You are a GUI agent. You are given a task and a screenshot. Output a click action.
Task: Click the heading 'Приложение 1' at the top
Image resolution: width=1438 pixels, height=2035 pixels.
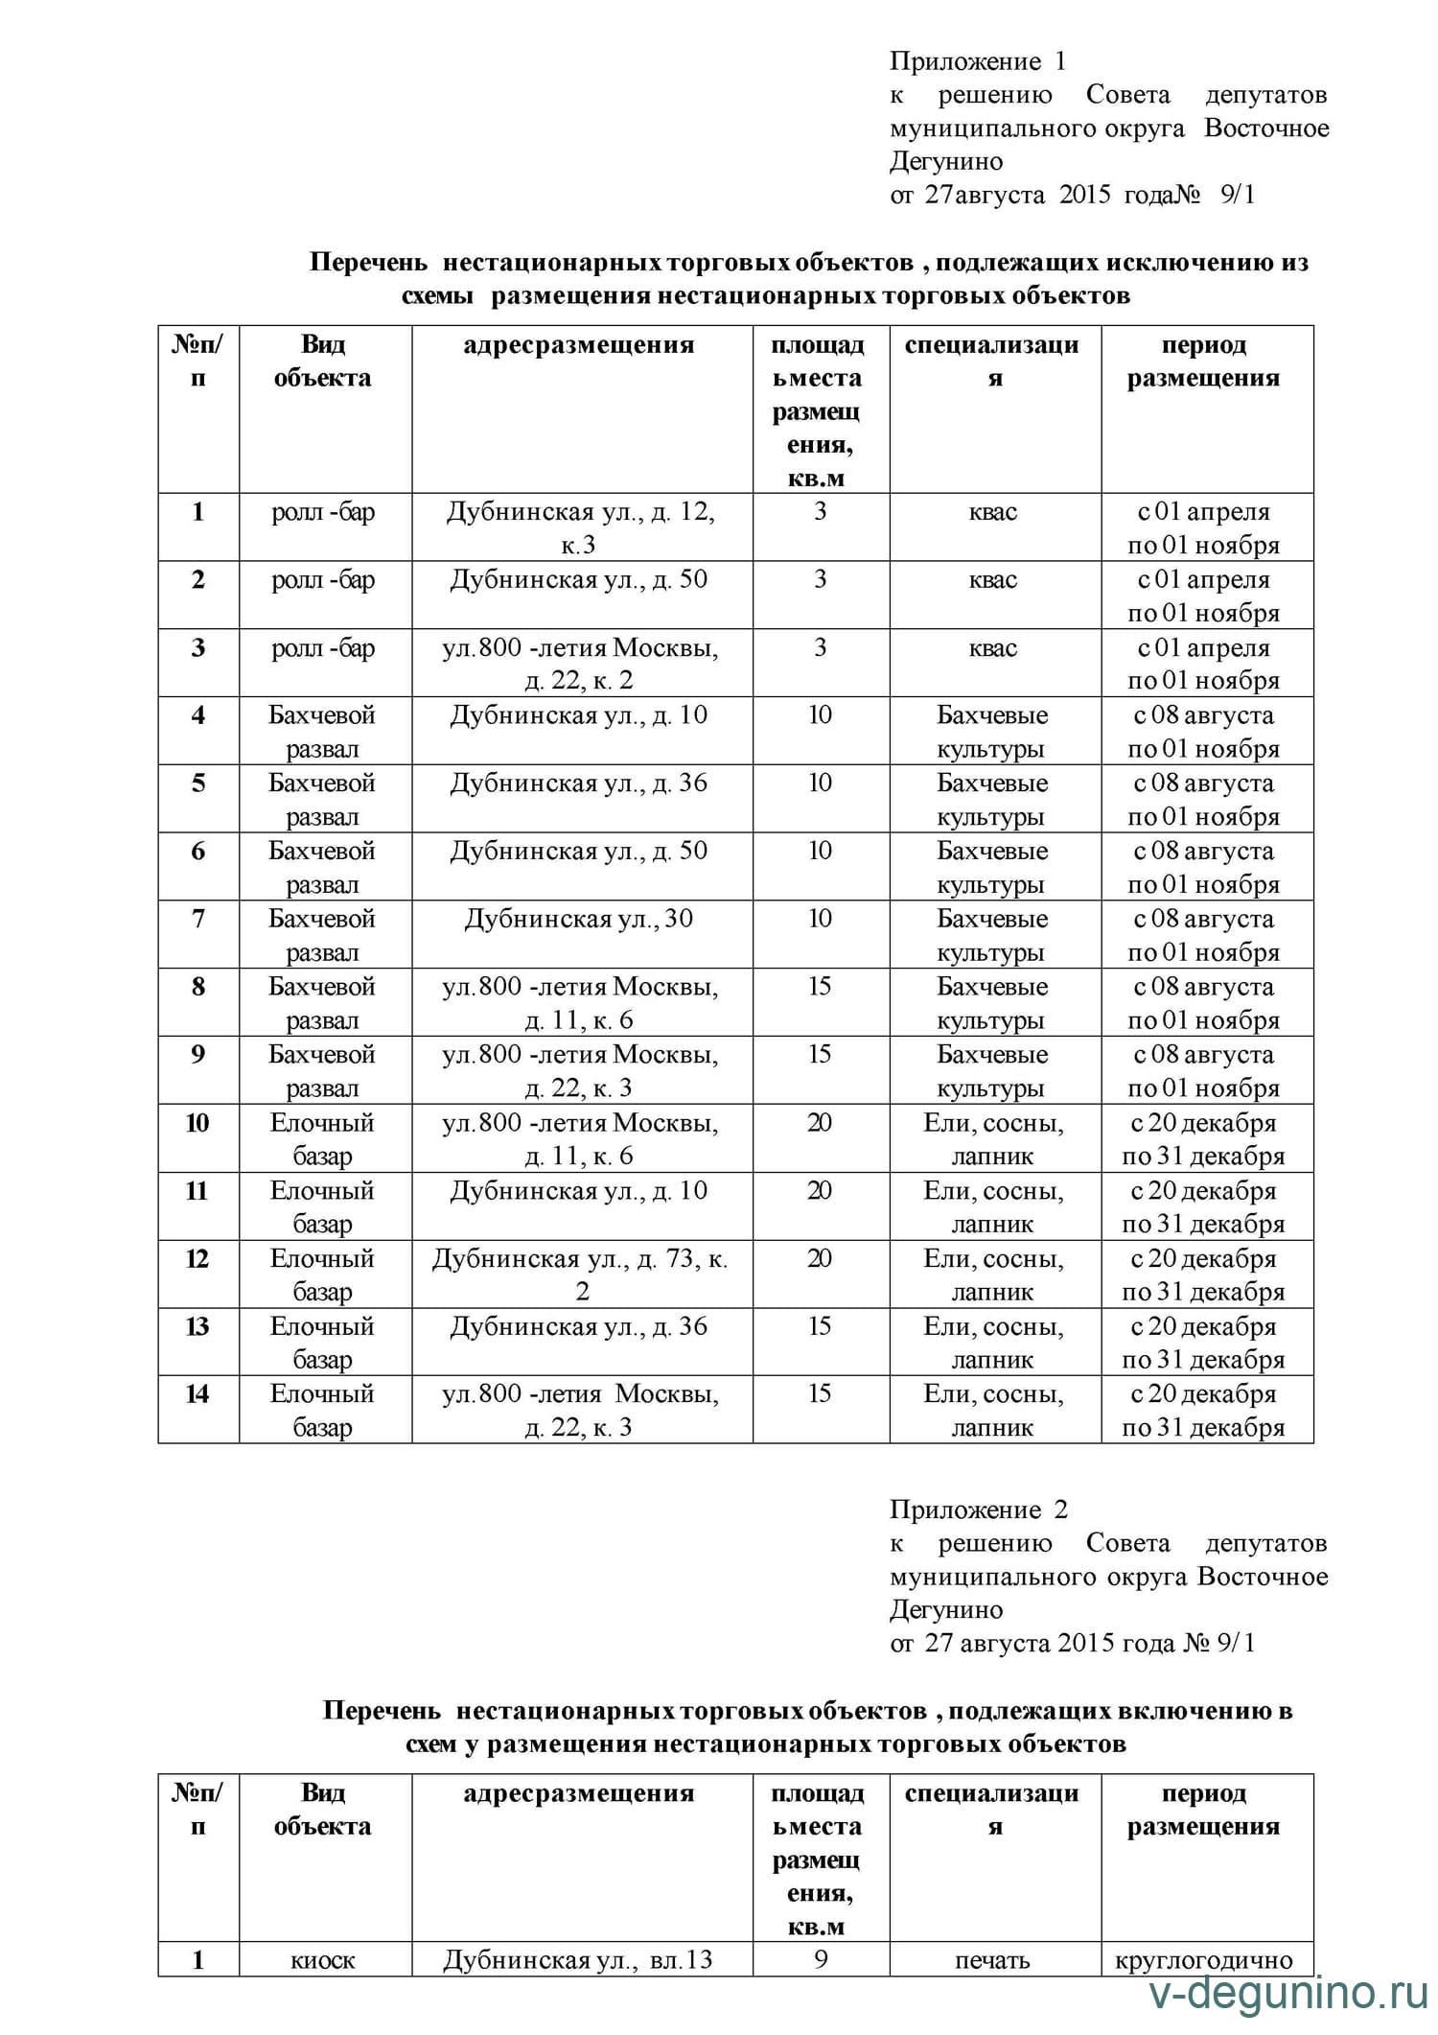tap(977, 61)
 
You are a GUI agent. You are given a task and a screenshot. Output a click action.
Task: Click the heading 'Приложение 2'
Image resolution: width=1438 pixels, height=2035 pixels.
tap(977, 1509)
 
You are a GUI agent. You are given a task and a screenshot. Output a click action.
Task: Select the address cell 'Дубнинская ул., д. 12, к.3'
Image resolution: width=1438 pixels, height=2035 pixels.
tap(581, 527)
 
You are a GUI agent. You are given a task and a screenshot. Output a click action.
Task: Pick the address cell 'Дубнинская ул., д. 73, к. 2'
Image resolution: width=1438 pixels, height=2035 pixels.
tap(581, 1275)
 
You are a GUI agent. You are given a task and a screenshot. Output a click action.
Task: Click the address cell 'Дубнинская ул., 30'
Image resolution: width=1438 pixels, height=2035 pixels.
tap(579, 919)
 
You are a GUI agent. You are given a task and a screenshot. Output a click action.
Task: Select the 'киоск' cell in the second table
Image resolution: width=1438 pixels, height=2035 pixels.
tap(323, 1959)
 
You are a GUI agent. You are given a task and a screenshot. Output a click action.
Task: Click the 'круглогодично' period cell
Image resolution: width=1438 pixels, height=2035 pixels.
tap(1204, 1959)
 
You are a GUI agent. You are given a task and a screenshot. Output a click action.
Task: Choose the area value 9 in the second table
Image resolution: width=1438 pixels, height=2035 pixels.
tap(821, 1959)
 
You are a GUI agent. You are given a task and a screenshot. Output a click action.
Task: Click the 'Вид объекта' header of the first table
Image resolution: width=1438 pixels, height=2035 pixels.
tap(323, 361)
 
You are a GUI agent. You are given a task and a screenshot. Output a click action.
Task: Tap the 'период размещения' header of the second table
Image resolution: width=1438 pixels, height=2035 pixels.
tap(1204, 1809)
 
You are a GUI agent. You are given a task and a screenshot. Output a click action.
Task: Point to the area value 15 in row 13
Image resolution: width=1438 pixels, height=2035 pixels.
tap(820, 1326)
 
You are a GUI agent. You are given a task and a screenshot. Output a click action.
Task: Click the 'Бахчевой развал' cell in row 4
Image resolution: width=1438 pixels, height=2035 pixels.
tap(322, 731)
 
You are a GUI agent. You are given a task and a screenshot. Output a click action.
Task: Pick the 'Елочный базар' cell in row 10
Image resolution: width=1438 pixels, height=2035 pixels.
tap(322, 1138)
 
